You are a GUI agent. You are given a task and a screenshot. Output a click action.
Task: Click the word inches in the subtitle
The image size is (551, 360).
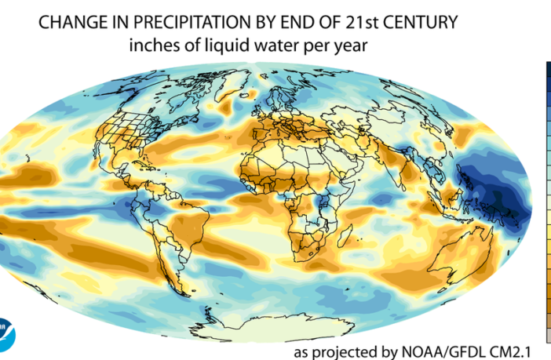coord(151,46)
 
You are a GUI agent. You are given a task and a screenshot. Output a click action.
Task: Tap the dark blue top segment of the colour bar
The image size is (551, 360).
coord(547,72)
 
